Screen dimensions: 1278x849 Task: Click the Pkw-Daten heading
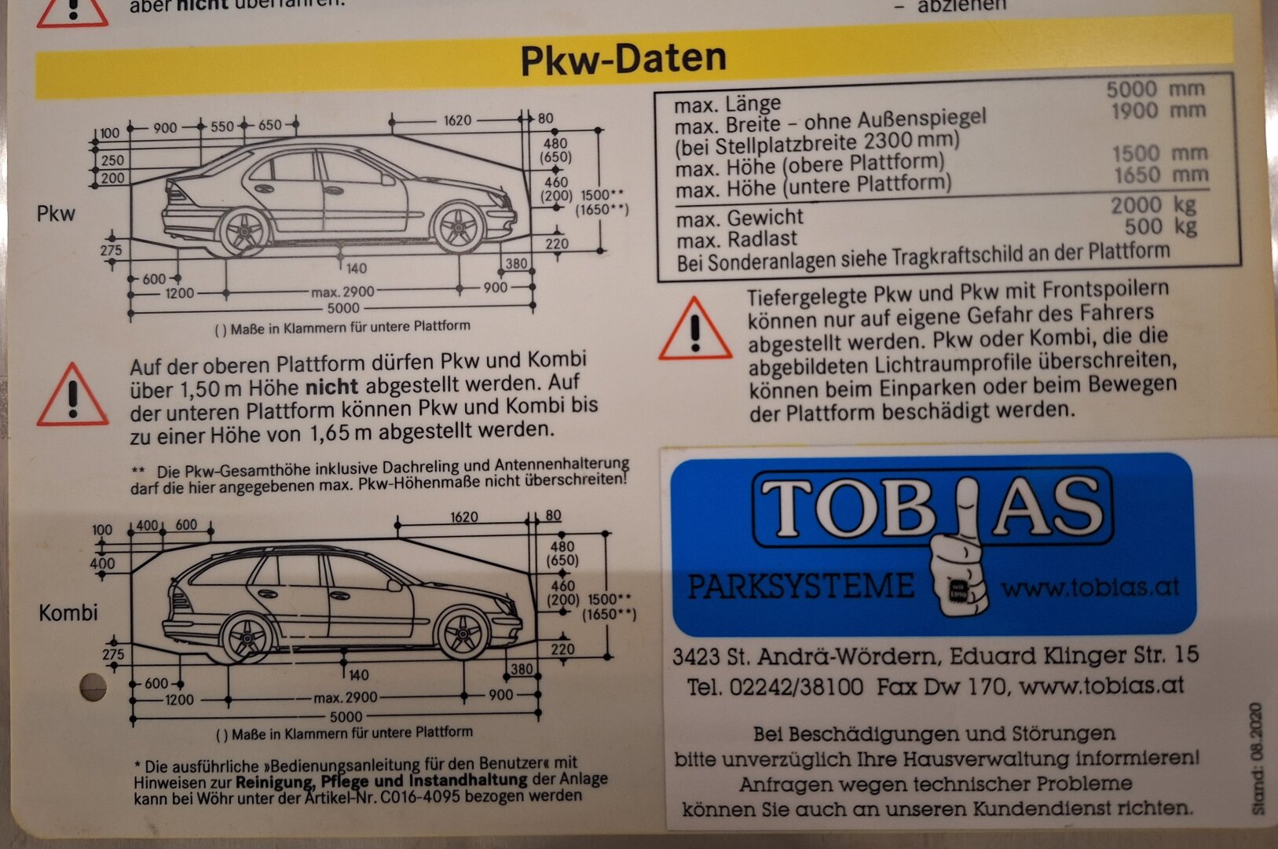623,59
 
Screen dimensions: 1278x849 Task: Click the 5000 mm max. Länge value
1155,89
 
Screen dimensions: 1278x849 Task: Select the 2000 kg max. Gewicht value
1153,205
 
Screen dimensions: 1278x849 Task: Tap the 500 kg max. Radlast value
1160,226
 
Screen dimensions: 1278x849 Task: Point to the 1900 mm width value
1158,110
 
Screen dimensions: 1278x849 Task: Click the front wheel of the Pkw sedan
459,226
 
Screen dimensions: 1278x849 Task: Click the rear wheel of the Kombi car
247,638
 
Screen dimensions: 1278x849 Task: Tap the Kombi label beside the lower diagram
68,612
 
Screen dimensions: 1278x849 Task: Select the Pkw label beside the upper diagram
56,214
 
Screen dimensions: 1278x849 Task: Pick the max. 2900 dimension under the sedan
342,292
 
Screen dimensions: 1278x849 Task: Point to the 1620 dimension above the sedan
458,120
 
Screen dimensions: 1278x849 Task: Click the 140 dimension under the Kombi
358,674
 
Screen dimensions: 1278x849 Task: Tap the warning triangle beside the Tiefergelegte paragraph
695,329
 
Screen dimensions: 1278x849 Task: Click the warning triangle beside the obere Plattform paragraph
72,395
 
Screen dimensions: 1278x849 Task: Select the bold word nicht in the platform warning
332,387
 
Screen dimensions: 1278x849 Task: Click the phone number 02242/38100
796,686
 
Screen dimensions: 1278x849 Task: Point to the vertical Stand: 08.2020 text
1257,759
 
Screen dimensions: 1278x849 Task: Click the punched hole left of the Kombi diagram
93,687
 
